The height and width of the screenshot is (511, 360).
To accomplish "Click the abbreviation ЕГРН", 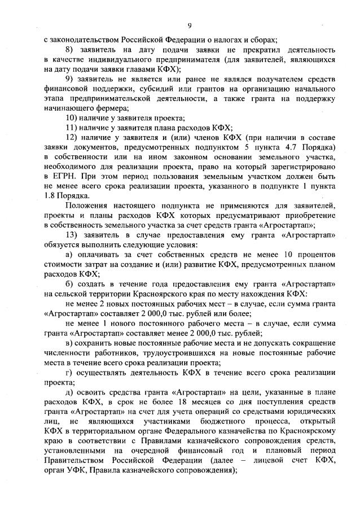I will click(59, 177).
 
